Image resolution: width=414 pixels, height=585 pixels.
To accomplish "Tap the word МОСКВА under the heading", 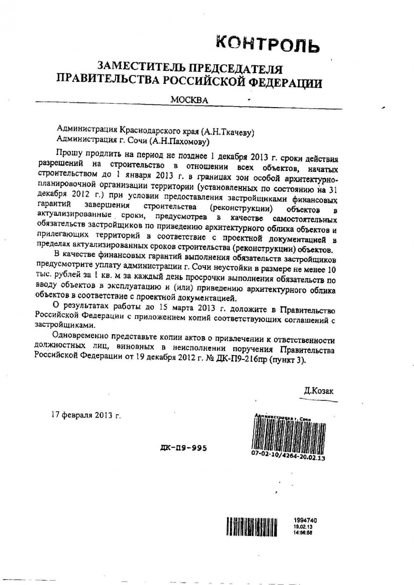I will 189,100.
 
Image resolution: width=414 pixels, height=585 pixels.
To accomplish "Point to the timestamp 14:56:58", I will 303,533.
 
